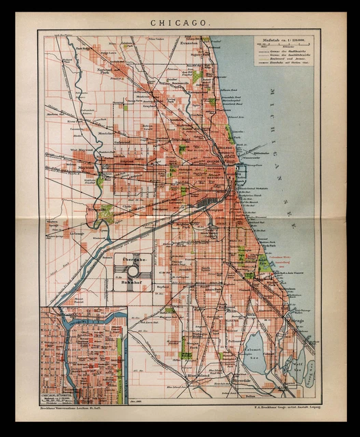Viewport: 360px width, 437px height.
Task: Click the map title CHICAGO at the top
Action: coord(180,22)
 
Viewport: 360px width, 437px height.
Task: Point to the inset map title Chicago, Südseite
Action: coord(58,395)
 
